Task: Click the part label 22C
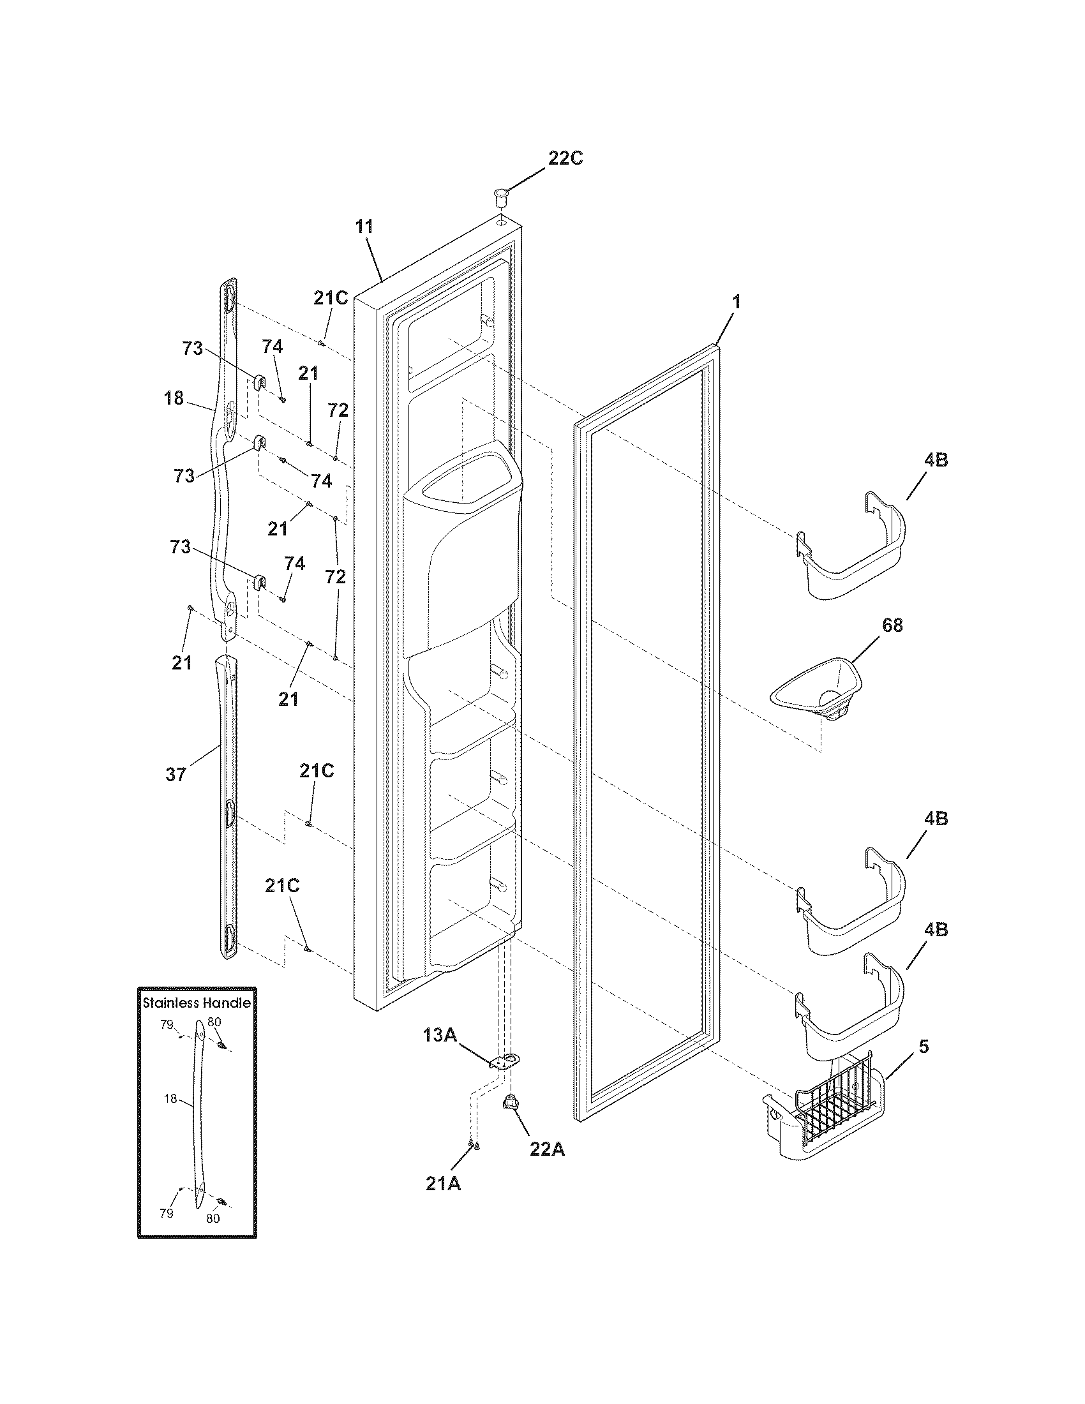(x=565, y=158)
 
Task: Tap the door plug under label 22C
(x=500, y=196)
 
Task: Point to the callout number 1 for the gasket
(x=737, y=301)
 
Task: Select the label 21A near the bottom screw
(x=443, y=1183)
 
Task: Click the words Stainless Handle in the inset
(x=196, y=1001)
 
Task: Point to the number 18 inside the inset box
(x=170, y=1099)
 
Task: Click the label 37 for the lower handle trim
(x=176, y=775)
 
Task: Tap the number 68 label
(x=892, y=625)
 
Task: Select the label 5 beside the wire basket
(x=923, y=1047)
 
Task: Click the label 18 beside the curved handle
(x=173, y=399)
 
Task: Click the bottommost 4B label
(x=936, y=930)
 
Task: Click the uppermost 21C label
(x=331, y=297)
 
